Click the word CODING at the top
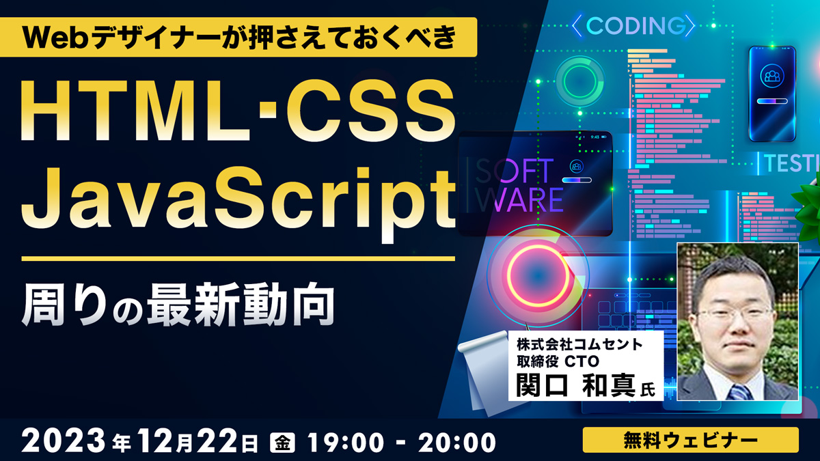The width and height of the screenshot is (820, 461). (x=636, y=26)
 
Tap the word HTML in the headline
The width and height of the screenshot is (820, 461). (x=136, y=111)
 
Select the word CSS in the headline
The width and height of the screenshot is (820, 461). (x=370, y=111)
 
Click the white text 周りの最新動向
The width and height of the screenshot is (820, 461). (x=178, y=305)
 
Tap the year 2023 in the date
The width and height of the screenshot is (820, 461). (x=64, y=441)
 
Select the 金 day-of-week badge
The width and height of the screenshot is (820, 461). (x=282, y=442)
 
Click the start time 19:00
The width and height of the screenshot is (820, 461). (x=346, y=442)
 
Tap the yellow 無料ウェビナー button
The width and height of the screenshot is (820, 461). (x=690, y=440)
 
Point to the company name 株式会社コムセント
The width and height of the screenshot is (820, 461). (x=579, y=344)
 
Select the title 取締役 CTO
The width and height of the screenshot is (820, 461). (x=558, y=361)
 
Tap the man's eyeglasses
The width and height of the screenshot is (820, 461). (x=734, y=314)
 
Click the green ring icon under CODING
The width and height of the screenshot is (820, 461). (x=579, y=81)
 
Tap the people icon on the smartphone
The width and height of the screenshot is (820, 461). (x=772, y=76)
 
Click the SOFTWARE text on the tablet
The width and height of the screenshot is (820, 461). (x=519, y=185)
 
